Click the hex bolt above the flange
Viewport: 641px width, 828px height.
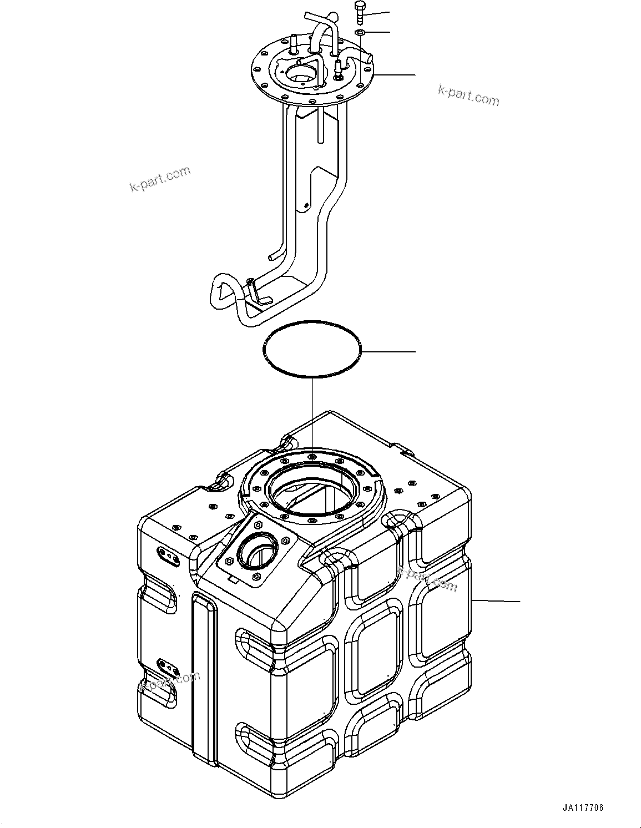(x=359, y=12)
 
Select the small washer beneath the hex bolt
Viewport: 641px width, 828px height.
(x=359, y=33)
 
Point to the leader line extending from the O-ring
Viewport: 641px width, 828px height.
(x=388, y=351)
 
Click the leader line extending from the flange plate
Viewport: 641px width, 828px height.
(x=394, y=74)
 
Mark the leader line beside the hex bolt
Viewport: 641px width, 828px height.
(x=377, y=13)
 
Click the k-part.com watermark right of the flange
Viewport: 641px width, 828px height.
(x=468, y=95)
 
